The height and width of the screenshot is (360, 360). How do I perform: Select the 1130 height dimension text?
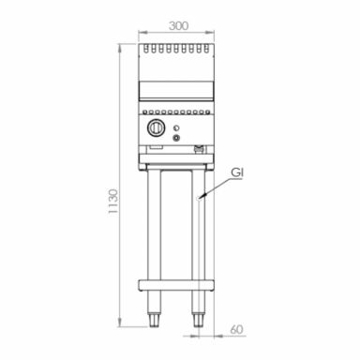[112, 203]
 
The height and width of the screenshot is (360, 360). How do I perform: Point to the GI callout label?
[238, 172]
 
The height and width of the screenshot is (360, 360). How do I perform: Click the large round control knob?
[158, 128]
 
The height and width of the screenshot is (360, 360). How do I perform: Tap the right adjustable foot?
[199, 321]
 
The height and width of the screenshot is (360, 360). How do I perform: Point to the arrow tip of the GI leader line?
[199, 197]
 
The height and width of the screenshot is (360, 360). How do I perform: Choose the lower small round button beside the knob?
[178, 132]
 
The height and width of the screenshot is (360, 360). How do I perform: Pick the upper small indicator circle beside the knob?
[178, 122]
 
